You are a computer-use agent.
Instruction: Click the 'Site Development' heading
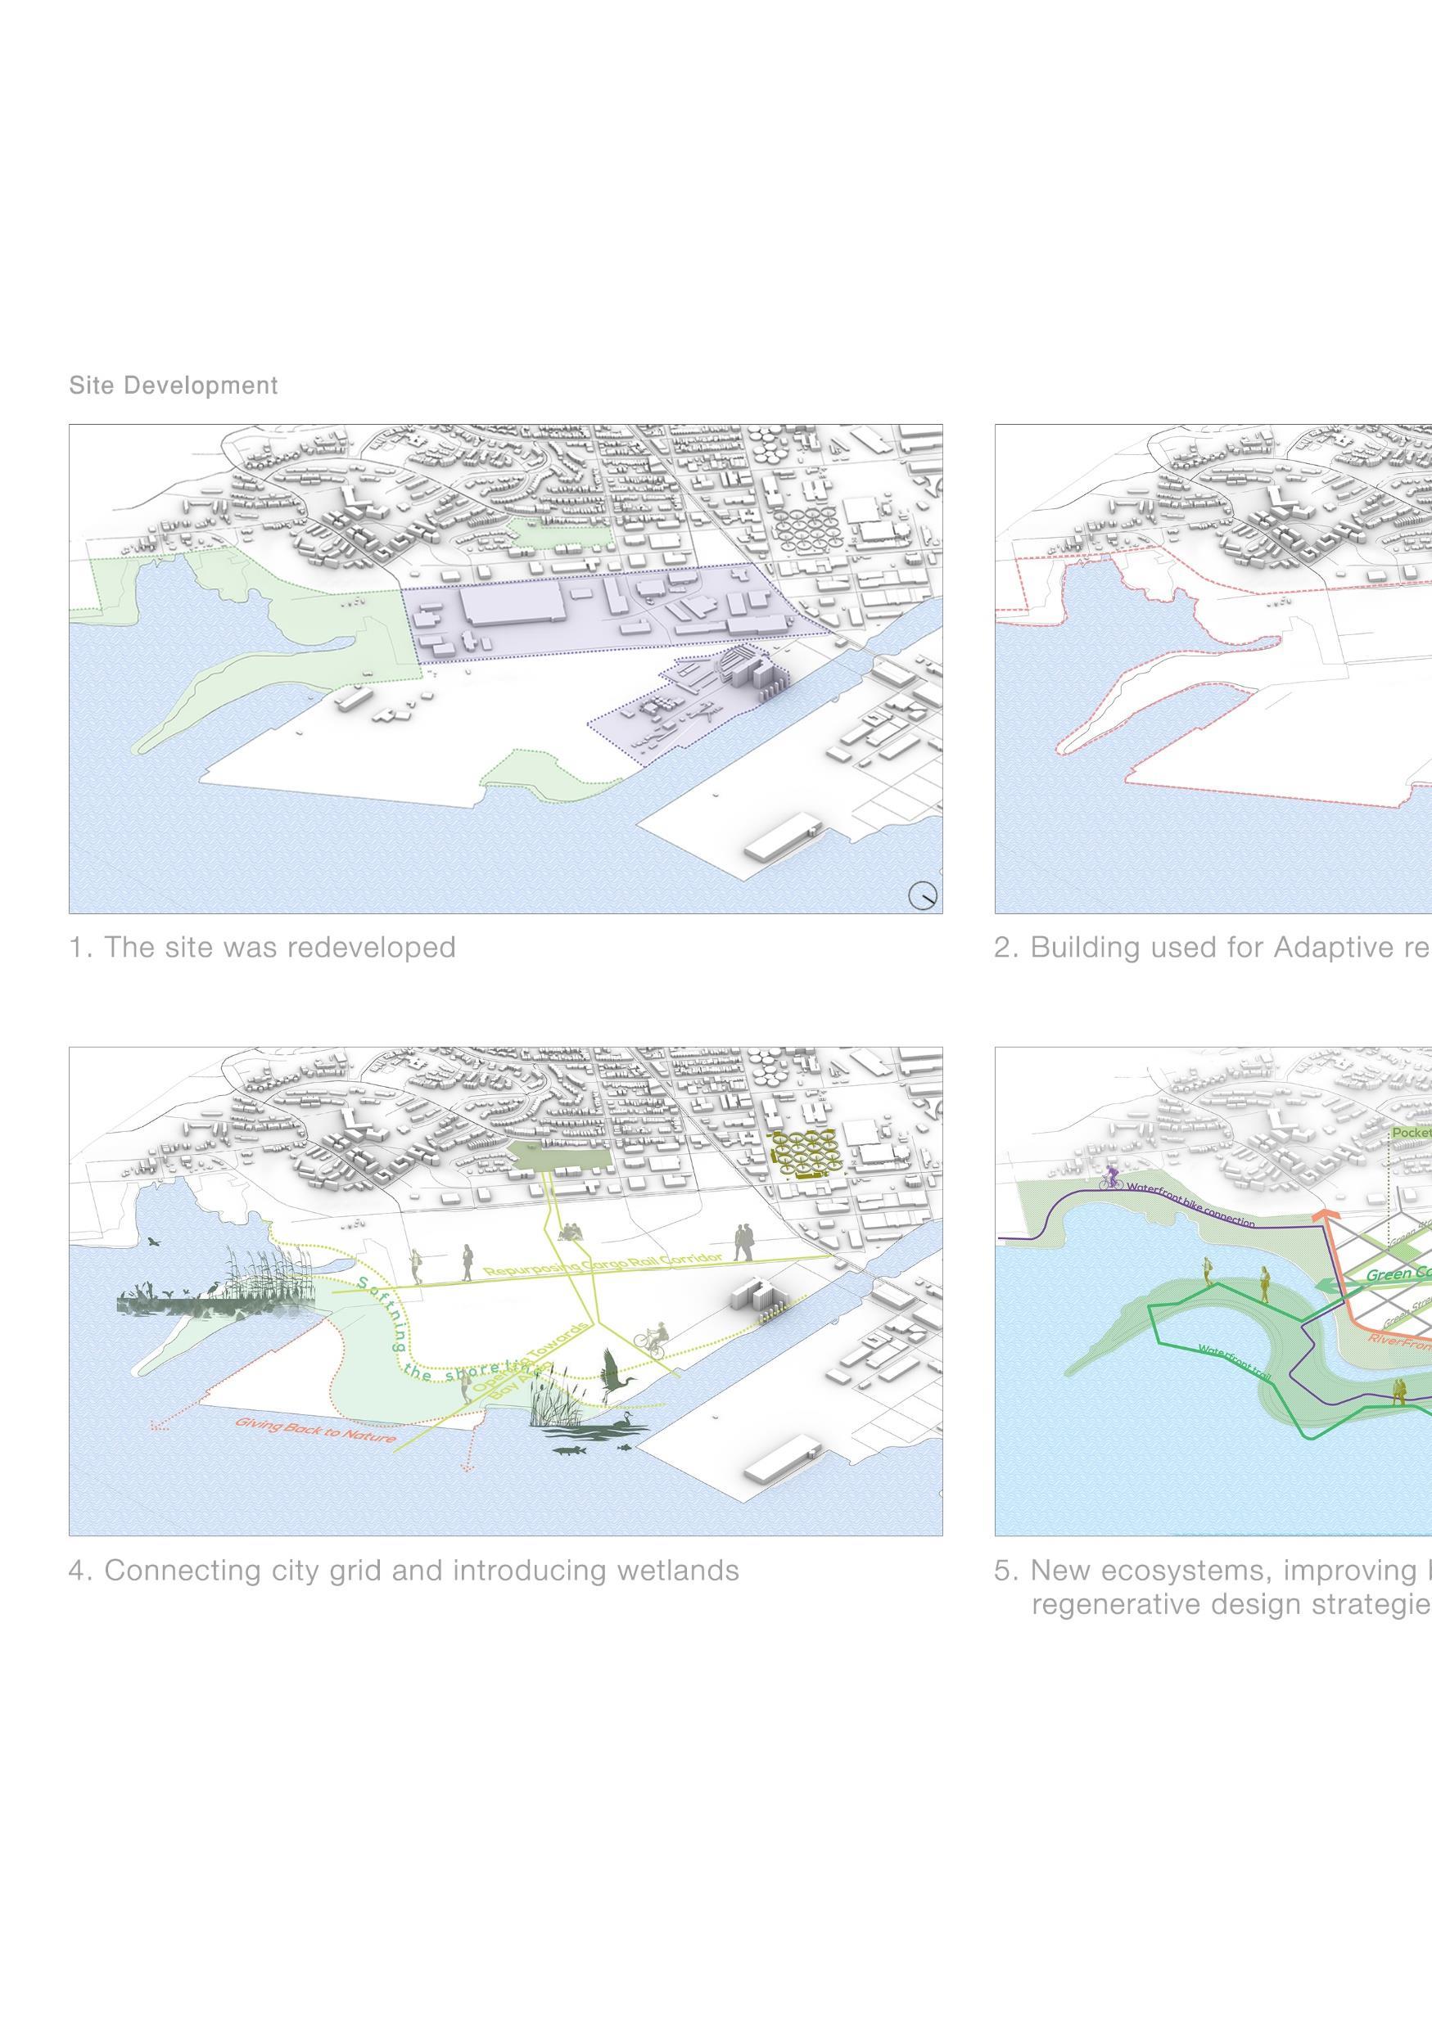[x=174, y=385]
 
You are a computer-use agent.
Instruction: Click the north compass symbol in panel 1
[x=924, y=895]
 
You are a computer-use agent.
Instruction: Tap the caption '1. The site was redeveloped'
[x=263, y=948]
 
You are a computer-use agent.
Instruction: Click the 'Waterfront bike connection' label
[x=1190, y=1204]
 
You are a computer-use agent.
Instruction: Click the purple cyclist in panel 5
[x=1112, y=1179]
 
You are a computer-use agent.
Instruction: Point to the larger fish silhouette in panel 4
[x=566, y=1449]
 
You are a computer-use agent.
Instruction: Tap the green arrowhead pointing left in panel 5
[x=1322, y=1288]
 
